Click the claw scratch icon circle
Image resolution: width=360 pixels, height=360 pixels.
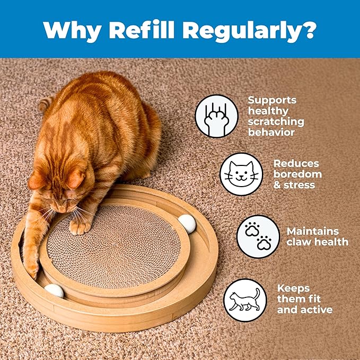tap(216, 116)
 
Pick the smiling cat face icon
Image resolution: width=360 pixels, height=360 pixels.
tap(241, 174)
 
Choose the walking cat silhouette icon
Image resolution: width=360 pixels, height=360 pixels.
tap(245, 300)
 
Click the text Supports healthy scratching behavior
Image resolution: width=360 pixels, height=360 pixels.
tap(276, 116)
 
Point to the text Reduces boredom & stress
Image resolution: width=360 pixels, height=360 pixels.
tap(297, 174)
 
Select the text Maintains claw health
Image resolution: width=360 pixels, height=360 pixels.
tap(317, 236)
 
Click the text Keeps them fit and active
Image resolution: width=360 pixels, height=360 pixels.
tap(304, 299)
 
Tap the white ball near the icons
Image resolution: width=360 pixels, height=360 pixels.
tap(187, 223)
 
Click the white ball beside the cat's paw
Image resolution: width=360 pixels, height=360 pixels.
tap(54, 291)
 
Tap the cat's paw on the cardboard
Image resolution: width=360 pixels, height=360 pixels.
tap(81, 226)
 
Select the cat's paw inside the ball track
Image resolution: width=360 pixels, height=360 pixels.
tap(32, 268)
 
